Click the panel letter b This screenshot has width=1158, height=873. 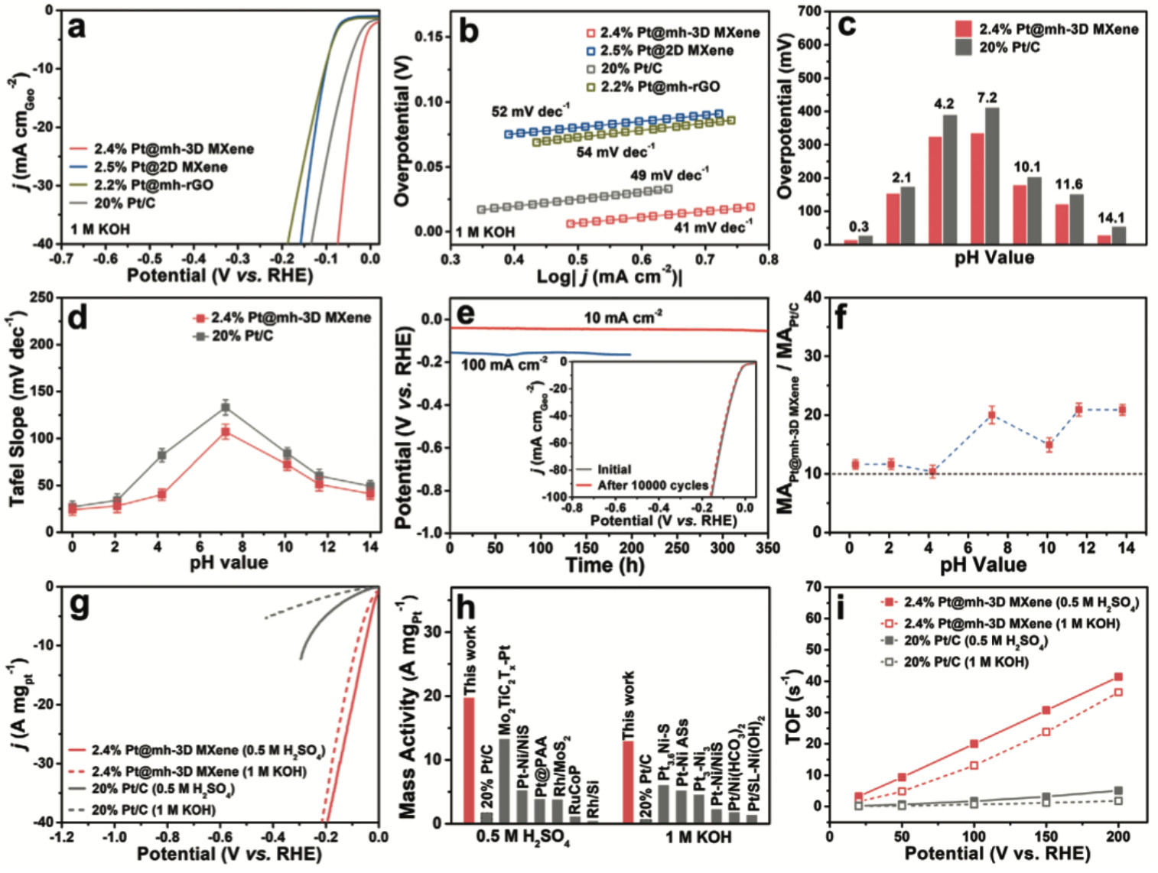pyautogui.click(x=467, y=33)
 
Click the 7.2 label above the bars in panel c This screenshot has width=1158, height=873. pyautogui.click(x=987, y=98)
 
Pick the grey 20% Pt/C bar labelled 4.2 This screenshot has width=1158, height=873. pyautogui.click(x=950, y=180)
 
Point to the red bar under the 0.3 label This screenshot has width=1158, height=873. pyautogui.click(x=851, y=242)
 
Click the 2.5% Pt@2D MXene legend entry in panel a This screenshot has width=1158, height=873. pyautogui.click(x=161, y=167)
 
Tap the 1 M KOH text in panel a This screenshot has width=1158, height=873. pyautogui.click(x=100, y=229)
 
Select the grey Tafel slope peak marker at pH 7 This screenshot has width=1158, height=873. pyautogui.click(x=226, y=407)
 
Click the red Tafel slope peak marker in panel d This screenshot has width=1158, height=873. pyautogui.click(x=226, y=432)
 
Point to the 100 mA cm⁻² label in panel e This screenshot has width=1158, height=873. pyautogui.click(x=503, y=365)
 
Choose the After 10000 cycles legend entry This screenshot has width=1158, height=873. pyautogui.click(x=652, y=485)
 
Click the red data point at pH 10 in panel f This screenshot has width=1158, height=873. pyautogui.click(x=1049, y=445)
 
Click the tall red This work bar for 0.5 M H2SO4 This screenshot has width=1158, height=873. pyautogui.click(x=469, y=760)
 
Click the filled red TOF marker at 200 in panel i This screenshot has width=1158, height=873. pyautogui.click(x=1118, y=677)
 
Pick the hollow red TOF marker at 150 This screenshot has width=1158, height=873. pyautogui.click(x=1046, y=732)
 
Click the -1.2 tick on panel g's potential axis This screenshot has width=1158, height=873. pyautogui.click(x=62, y=837)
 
